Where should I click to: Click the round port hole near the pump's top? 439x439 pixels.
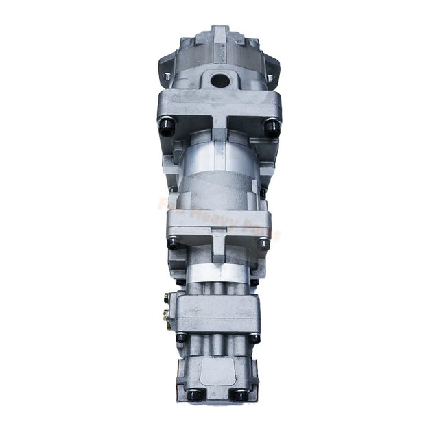220,80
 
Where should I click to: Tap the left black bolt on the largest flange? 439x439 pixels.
167,125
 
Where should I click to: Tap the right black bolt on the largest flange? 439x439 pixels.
272,125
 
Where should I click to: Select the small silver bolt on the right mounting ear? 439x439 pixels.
270,78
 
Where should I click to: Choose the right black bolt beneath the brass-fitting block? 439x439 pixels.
254,337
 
